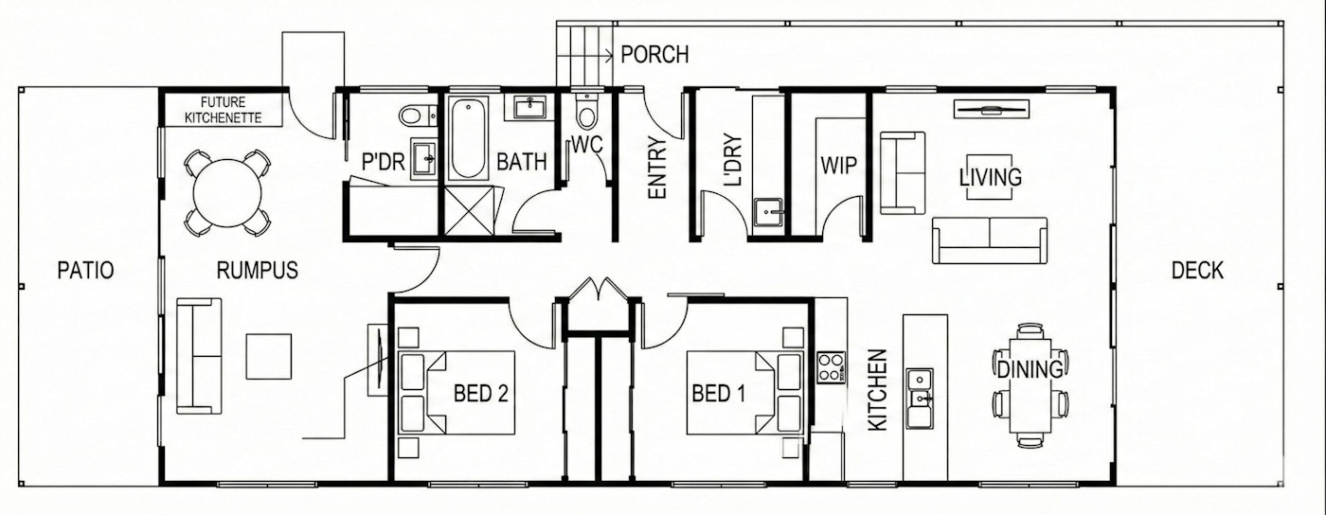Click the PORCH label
pos(654,55)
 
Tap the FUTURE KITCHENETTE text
pos(224,110)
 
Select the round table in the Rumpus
pos(227,193)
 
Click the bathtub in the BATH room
pos(468,138)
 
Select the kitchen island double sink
pos(920,397)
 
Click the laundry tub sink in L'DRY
pos(769,212)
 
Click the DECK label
pos(1197,271)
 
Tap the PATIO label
pos(86,271)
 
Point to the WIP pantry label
pos(838,166)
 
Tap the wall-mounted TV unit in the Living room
pos(991,109)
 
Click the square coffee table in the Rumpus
pos(269,356)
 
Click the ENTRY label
pos(657,169)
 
